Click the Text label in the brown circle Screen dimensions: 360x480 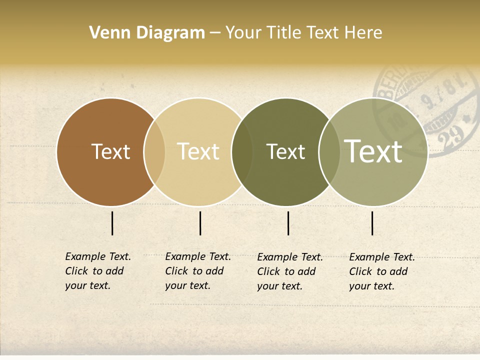[x=110, y=151]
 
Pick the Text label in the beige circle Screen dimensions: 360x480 [x=198, y=151]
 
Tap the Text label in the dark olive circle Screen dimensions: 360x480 [x=285, y=151]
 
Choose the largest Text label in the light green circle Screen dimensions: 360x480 [x=373, y=151]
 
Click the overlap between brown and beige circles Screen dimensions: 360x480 [x=154, y=152]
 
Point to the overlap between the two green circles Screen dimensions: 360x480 [x=329, y=152]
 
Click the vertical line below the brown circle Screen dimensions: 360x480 [x=112, y=223]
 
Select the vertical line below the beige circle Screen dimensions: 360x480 [x=200, y=223]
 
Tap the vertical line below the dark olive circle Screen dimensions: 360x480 [x=288, y=223]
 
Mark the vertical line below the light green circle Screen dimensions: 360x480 [x=372, y=223]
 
